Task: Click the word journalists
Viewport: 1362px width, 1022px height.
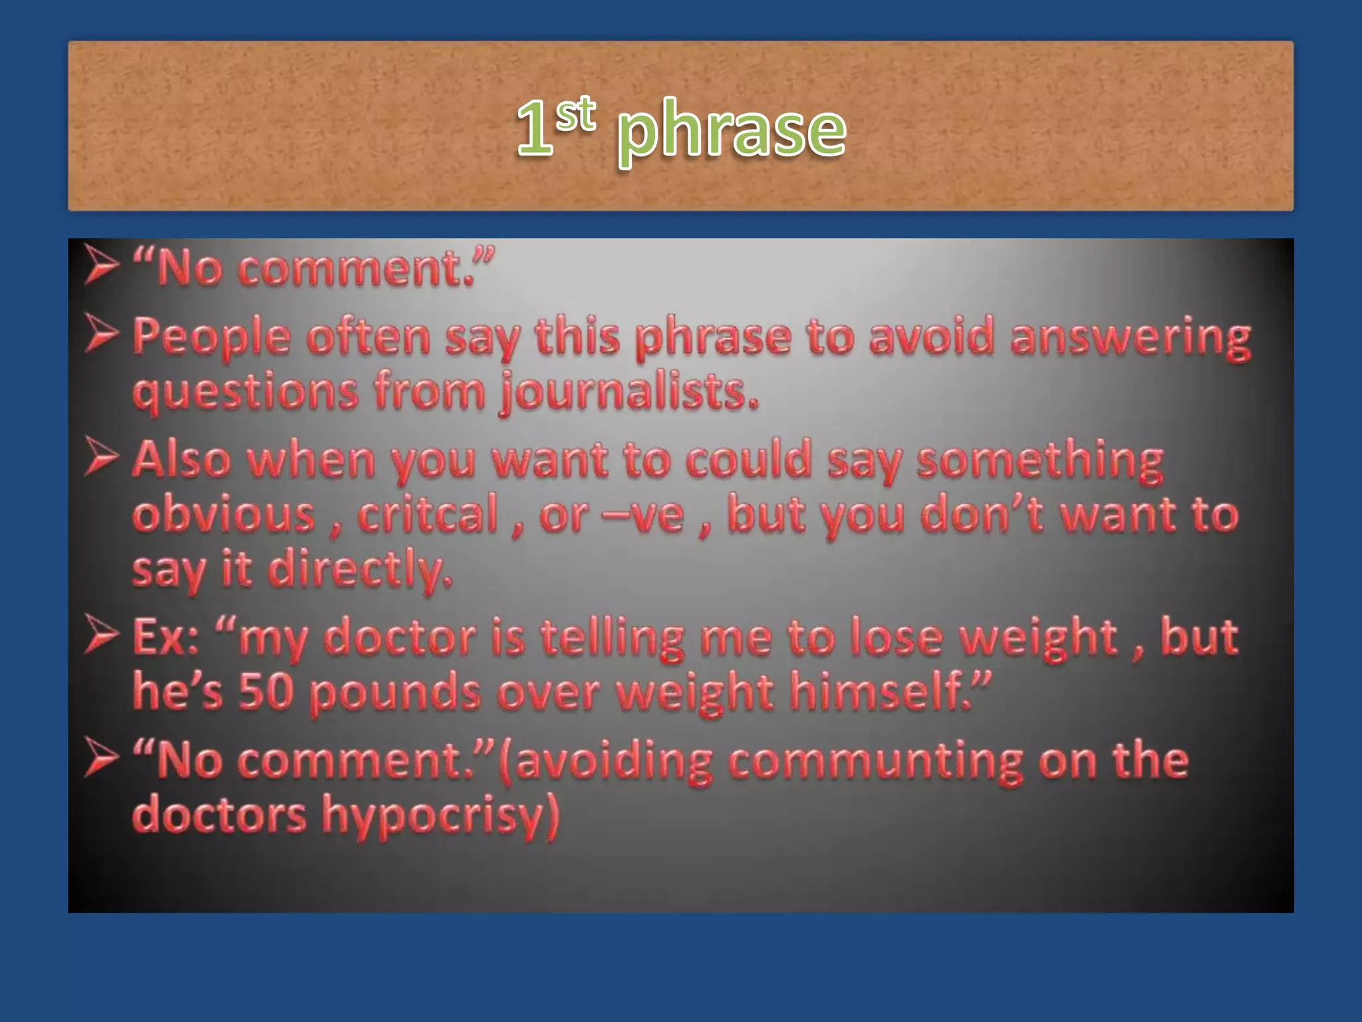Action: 629,392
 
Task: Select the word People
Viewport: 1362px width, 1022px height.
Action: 211,337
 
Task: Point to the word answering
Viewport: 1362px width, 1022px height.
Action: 1130,337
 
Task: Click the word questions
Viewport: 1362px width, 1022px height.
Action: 245,392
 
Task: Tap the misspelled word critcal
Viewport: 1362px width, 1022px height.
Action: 428,514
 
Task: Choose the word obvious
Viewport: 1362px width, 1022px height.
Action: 223,514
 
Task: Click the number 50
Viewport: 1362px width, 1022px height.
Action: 266,691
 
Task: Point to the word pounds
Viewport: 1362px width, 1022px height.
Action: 395,693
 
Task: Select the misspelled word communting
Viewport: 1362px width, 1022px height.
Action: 875,761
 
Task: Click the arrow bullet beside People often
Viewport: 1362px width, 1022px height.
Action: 101,335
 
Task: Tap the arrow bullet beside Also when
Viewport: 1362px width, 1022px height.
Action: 101,458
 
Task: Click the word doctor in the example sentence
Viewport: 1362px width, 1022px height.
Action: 400,637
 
